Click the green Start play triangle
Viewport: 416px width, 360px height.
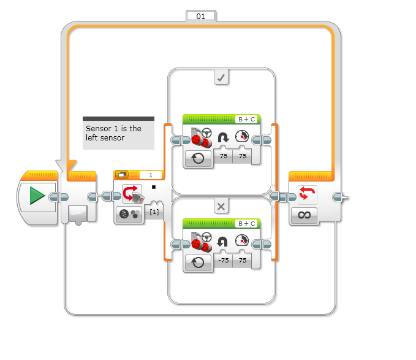37,196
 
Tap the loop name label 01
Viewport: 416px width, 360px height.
201,17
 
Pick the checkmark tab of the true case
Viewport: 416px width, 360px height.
221,77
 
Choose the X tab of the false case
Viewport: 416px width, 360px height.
221,206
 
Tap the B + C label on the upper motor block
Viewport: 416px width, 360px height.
247,119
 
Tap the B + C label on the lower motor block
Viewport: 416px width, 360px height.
247,223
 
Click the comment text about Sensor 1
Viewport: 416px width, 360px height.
113,133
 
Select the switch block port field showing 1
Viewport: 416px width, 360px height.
150,175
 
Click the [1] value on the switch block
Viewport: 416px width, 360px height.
154,212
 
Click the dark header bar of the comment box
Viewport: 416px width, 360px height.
118,119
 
